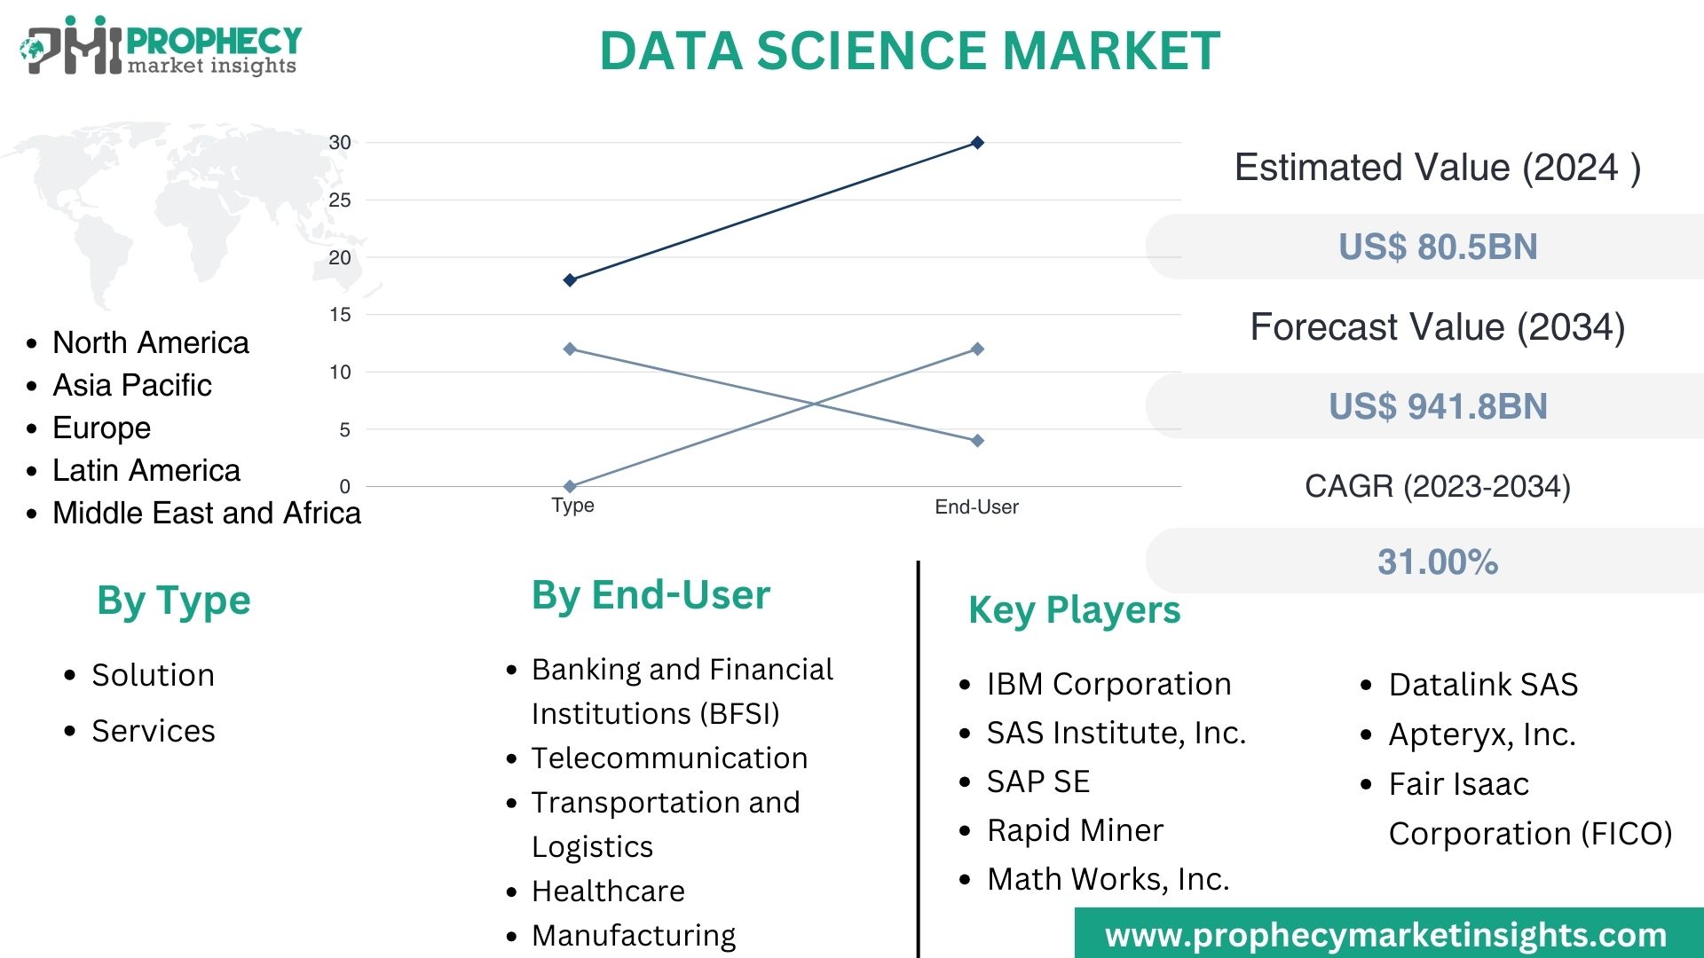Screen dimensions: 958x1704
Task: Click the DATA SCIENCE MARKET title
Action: (910, 51)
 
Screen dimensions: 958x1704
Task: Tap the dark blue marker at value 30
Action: (977, 143)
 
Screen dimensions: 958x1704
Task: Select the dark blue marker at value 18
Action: (570, 280)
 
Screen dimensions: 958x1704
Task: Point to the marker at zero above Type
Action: (570, 486)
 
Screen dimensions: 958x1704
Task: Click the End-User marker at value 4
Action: (977, 441)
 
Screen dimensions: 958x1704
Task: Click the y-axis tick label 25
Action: (340, 200)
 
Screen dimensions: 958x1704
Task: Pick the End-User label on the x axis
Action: (976, 507)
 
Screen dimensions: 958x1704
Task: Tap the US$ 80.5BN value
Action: (1438, 247)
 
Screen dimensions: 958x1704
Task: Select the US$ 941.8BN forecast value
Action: (1438, 406)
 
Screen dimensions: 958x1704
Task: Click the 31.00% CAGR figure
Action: (1438, 561)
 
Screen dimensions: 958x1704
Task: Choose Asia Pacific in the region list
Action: (132, 385)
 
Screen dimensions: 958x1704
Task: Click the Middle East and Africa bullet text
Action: (206, 513)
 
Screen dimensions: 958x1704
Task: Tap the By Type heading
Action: (174, 601)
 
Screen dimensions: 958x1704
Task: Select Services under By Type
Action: (153, 731)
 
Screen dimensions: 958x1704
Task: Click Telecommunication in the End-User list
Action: (669, 758)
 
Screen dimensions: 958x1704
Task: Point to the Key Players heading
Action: (1074, 610)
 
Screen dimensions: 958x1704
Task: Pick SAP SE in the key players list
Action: (1037, 781)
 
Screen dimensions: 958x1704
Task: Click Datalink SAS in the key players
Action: (1483, 685)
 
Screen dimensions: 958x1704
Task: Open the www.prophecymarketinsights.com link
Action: (1385, 935)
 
